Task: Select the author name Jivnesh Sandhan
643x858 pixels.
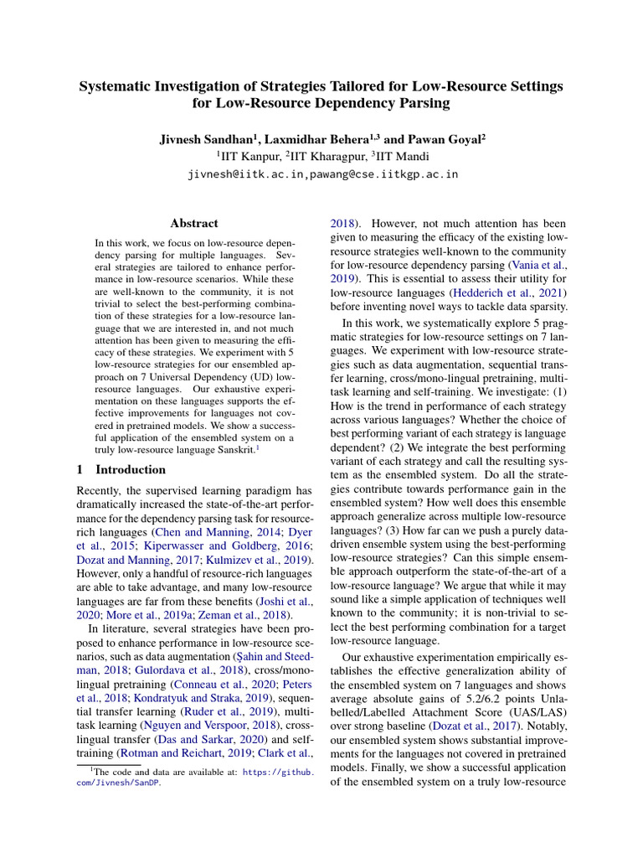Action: click(x=200, y=139)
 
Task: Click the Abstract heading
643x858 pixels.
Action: click(x=194, y=224)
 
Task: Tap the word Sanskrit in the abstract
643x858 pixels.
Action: click(x=233, y=449)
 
